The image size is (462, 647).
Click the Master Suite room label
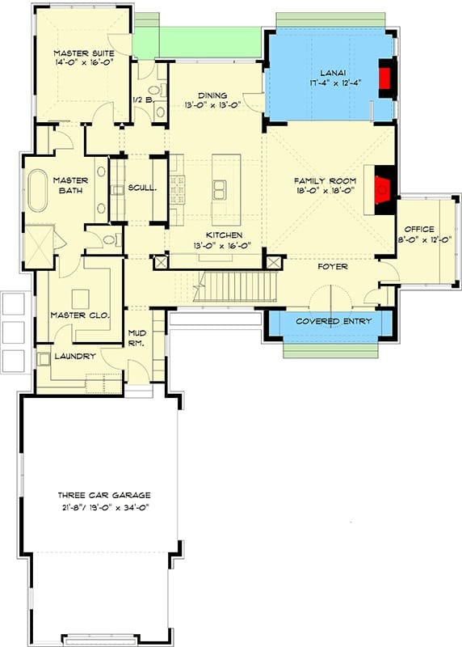coord(84,53)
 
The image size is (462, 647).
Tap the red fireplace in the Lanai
coord(385,77)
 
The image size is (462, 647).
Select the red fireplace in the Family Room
coord(382,190)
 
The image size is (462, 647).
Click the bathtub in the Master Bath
coord(38,191)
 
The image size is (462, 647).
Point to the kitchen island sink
coord(220,189)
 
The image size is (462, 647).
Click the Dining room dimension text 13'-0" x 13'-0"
coord(212,105)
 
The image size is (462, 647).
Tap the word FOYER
coord(333,267)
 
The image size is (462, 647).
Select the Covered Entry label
coord(334,321)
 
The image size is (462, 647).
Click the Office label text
coord(419,229)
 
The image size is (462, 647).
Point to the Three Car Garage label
coord(104,495)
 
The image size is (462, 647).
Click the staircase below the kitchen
coord(235,286)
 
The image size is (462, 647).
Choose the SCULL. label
coord(142,188)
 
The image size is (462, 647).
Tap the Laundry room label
coord(75,356)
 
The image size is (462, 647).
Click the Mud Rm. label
coord(136,338)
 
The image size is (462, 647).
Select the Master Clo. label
coord(81,315)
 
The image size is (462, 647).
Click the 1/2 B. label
coord(144,99)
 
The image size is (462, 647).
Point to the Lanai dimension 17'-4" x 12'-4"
coord(335,82)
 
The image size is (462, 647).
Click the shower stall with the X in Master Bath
coord(39,247)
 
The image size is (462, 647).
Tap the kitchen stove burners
coord(178,190)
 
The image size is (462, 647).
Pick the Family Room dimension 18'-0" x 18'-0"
coord(325,190)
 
